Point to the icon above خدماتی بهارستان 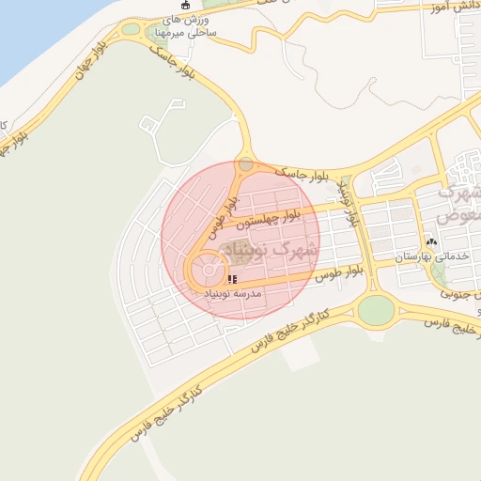[x=431, y=241]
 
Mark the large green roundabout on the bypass [x=376, y=308]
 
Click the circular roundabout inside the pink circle [x=209, y=272]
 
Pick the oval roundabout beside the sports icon [x=130, y=29]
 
